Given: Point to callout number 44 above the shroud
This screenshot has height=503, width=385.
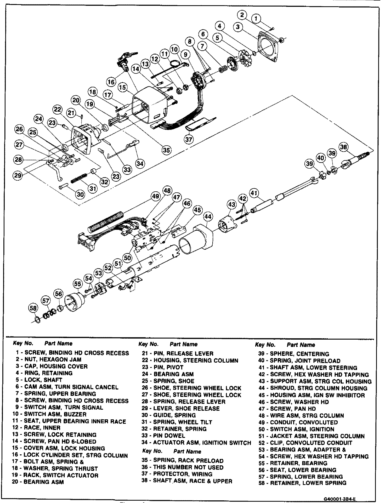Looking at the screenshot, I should pyautogui.click(x=208, y=217).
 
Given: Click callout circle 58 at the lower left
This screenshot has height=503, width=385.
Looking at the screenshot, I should pyautogui.click(x=33, y=309).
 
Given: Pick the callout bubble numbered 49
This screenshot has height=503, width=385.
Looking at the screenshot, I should pyautogui.click(x=156, y=196).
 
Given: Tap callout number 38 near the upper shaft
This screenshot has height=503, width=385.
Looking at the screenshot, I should pyautogui.click(x=344, y=147).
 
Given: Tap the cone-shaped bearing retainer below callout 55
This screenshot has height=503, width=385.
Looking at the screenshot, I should pyautogui.click(x=75, y=302).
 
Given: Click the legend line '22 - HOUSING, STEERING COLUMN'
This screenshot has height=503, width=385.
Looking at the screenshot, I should pyautogui.click(x=190, y=361).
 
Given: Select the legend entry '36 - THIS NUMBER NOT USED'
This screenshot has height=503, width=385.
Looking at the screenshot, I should pyautogui.click(x=183, y=467).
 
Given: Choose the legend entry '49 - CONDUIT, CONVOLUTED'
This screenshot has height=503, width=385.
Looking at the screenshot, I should pyautogui.click(x=298, y=422).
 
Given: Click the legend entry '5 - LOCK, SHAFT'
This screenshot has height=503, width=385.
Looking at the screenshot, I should pyautogui.click(x=39, y=380).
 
